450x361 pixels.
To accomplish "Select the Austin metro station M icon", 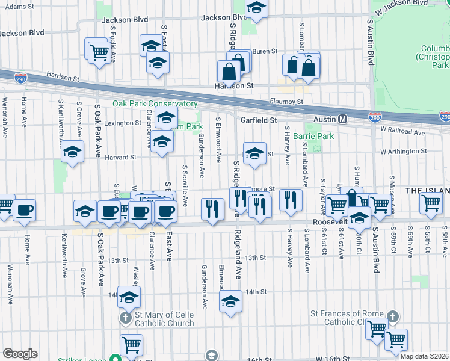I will [x=342, y=119].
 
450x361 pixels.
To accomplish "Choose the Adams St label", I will [x=19, y=6].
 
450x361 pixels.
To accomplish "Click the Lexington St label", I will [x=123, y=123].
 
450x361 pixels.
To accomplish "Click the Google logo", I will [x=20, y=354].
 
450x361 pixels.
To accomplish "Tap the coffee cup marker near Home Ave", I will [x=25, y=211].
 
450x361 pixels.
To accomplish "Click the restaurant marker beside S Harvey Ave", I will [x=291, y=199].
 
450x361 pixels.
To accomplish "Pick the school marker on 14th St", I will [x=230, y=301].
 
